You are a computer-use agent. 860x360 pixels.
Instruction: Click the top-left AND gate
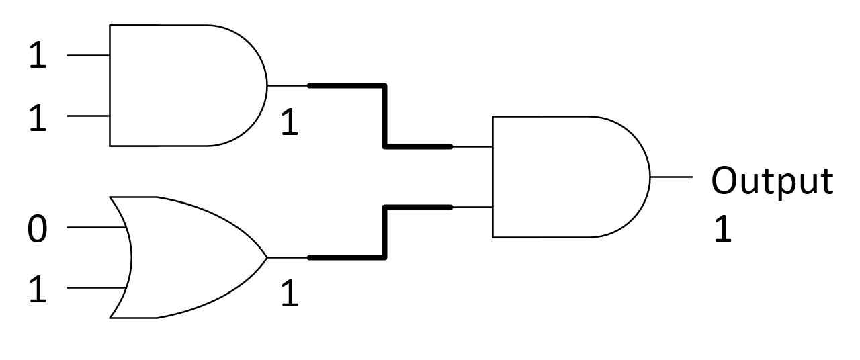[181, 85]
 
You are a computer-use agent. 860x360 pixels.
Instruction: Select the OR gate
[188, 257]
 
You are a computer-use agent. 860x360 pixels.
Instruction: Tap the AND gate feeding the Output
[564, 177]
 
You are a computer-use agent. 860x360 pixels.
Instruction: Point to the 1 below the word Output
[722, 229]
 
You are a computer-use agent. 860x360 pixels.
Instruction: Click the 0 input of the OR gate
[38, 228]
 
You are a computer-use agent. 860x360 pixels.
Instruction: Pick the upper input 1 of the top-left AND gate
[38, 56]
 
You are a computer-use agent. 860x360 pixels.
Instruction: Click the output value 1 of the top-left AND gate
[289, 124]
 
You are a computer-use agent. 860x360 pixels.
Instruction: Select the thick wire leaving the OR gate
[384, 232]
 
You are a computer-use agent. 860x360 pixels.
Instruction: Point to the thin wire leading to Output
[671, 177]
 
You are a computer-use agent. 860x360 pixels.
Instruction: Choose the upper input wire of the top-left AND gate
[88, 55]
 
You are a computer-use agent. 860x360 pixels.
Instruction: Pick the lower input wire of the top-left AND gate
[88, 116]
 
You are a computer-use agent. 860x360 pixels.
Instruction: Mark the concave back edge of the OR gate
[131, 257]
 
